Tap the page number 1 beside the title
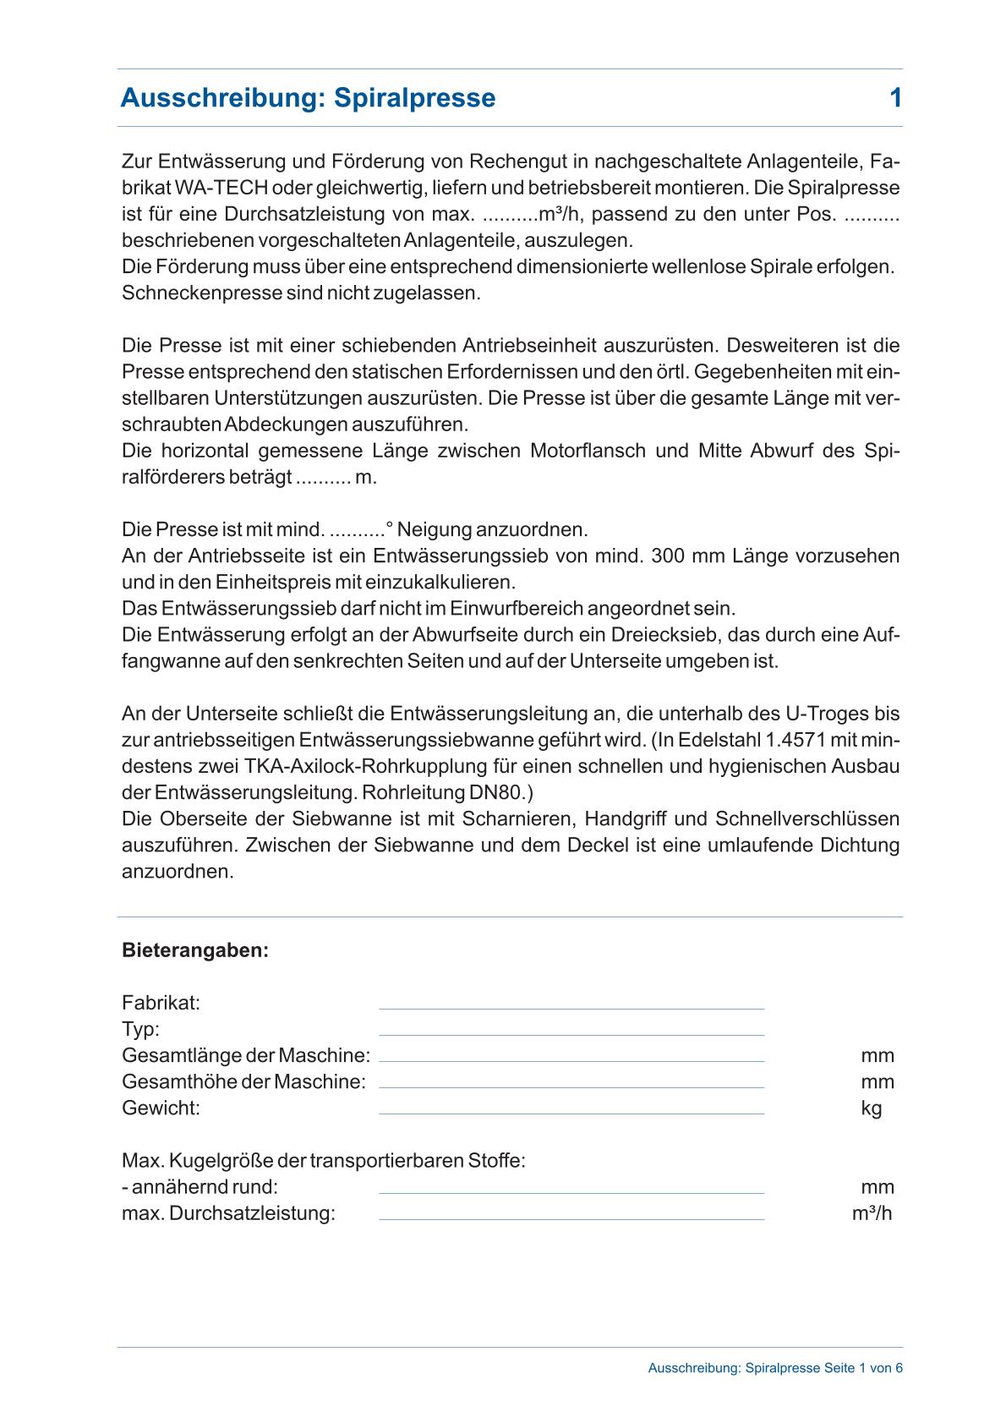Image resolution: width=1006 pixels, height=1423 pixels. pyautogui.click(x=895, y=98)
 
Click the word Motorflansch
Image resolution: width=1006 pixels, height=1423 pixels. pyautogui.click(x=589, y=451)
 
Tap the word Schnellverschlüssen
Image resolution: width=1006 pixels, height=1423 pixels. pyautogui.click(x=806, y=819)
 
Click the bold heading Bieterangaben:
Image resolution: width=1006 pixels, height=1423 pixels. pyautogui.click(x=195, y=950)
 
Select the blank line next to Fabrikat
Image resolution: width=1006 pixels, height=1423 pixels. pyautogui.click(x=571, y=1006)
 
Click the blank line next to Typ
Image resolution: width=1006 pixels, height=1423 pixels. pyautogui.click(x=571, y=1032)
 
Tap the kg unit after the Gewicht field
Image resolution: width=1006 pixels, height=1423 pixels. pyautogui.click(x=872, y=1108)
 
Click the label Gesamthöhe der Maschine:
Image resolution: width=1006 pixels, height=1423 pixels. pyautogui.click(x=243, y=1082)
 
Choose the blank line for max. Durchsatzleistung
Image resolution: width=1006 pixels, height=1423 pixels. pyautogui.click(x=571, y=1217)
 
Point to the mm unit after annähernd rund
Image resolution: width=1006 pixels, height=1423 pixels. pyautogui.click(x=878, y=1187)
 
